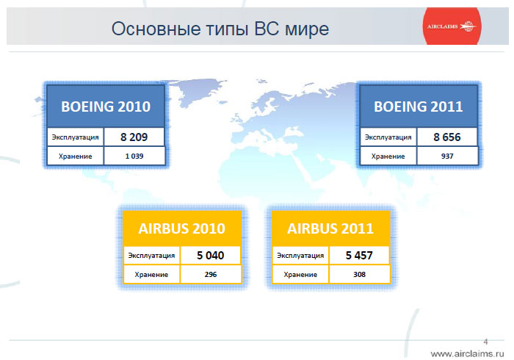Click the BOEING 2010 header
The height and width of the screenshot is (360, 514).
click(106, 107)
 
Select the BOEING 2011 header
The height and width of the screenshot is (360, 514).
click(419, 107)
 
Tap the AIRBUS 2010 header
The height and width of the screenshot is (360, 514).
click(181, 228)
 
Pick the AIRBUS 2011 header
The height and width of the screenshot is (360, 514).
click(330, 228)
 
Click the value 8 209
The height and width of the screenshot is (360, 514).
click(134, 137)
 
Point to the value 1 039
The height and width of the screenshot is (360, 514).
click(134, 156)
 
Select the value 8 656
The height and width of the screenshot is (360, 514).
click(447, 137)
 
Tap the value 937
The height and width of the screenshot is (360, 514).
click(447, 156)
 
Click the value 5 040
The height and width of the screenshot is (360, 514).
click(211, 256)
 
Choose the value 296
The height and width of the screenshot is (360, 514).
click(211, 275)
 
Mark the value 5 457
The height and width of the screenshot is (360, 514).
click(359, 256)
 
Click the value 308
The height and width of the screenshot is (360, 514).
click(359, 275)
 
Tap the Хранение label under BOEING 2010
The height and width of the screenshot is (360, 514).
click(75, 156)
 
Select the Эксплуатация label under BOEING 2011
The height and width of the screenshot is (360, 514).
click(388, 137)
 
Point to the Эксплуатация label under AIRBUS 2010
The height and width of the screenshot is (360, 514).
click(151, 256)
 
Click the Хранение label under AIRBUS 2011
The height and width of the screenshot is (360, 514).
click(300, 275)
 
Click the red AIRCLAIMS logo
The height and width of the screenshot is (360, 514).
click(452, 26)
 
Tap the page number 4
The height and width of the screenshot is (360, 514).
click(485, 342)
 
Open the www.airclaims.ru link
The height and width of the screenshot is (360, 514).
click(467, 354)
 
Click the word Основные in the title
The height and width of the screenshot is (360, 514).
click(156, 29)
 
